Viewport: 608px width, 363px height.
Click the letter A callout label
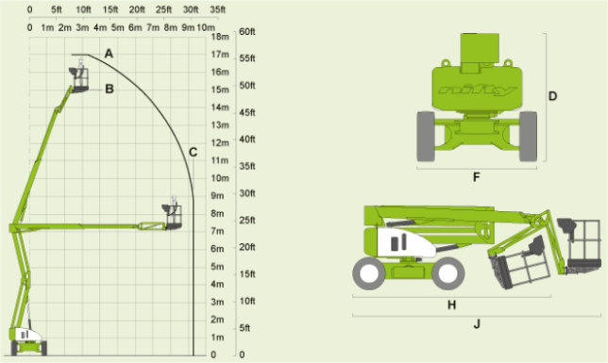[x=109, y=54]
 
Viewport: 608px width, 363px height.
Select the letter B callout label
[x=110, y=90]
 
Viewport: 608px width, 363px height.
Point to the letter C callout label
[x=194, y=152]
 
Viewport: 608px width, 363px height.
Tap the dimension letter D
[x=553, y=96]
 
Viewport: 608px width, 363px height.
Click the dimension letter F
[x=477, y=177]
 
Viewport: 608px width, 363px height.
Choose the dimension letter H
[x=451, y=305]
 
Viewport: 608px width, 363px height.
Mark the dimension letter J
[x=477, y=324]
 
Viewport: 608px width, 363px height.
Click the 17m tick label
[x=220, y=55]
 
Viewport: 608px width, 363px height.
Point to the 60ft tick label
[x=247, y=32]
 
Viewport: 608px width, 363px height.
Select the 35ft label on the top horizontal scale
[x=217, y=9]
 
